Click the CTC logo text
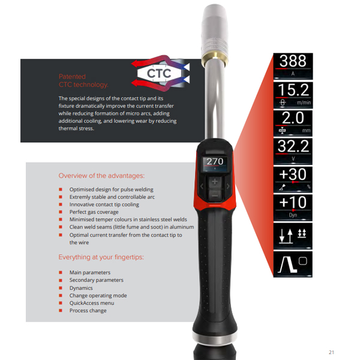159,73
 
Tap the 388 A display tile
293,67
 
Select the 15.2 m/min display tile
293,95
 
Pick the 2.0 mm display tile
293,123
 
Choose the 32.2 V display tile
293,152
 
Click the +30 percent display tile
293,180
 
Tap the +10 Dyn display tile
293,208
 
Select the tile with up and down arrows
293,236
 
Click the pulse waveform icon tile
293,265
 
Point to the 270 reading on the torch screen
215,161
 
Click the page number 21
331,352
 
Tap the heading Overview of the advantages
101,176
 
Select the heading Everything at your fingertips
101,257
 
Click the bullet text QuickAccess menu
92,303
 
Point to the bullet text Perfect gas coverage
94,212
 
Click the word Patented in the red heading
72,76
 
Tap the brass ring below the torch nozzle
215,58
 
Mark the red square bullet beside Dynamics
61,288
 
